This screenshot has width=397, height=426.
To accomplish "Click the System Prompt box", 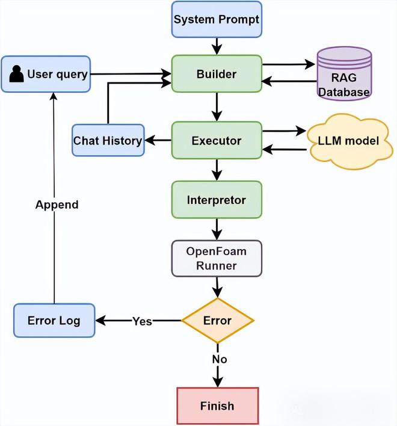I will (x=217, y=19).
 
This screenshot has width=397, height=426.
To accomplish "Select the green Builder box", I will (x=217, y=74).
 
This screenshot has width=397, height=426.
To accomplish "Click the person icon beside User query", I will (x=17, y=75).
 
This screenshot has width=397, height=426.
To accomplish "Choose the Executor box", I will (x=217, y=141).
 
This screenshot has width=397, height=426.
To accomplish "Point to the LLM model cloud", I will (x=348, y=141).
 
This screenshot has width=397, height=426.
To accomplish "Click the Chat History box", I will (x=108, y=141).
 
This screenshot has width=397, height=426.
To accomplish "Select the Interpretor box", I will (x=217, y=200).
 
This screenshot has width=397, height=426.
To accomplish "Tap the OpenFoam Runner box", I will (x=217, y=259).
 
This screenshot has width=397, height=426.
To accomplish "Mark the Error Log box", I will (x=54, y=320).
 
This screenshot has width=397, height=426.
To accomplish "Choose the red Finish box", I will (x=217, y=406).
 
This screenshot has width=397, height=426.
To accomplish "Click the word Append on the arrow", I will (x=57, y=205).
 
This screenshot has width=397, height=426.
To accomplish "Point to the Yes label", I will (x=142, y=321).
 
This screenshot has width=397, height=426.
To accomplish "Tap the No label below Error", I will (x=218, y=359).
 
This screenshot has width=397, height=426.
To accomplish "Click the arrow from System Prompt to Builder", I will (x=217, y=46).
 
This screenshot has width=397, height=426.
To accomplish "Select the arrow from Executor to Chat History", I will (x=158, y=141).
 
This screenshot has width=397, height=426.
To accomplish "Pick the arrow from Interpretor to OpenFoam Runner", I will (x=217, y=229).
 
